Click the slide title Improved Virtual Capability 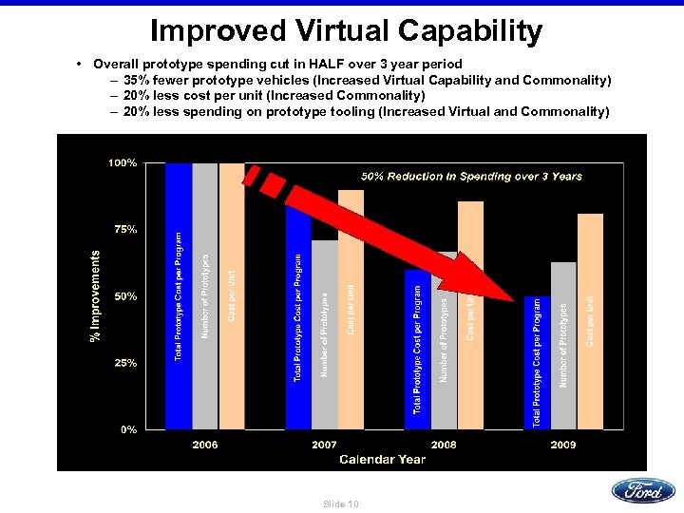click(346, 30)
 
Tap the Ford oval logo click(643, 490)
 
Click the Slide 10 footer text click(341, 503)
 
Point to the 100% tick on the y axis click(123, 163)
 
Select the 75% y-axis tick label click(124, 230)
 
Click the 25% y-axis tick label click(124, 363)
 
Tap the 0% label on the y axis click(127, 429)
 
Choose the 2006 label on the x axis click(205, 444)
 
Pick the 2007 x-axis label click(325, 444)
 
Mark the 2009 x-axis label click(563, 444)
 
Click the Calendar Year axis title click(383, 459)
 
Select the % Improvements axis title click(95, 296)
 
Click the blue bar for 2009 click(537, 361)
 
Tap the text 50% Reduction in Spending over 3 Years click(471, 176)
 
